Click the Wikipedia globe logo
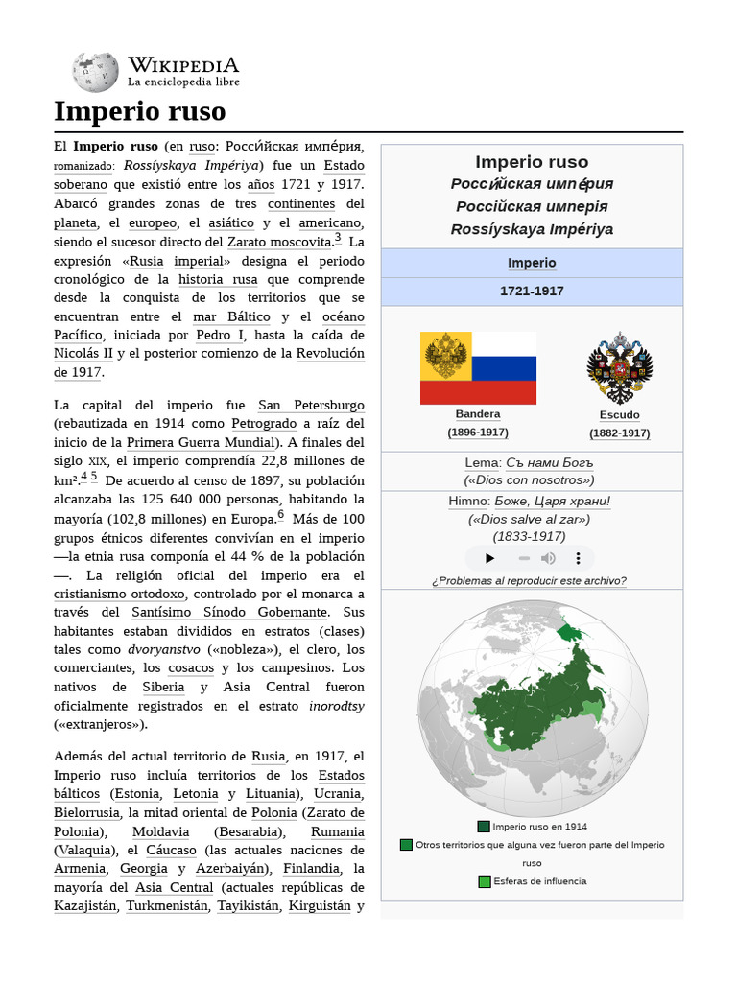click(95, 72)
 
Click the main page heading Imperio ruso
click(139, 111)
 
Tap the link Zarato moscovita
click(279, 242)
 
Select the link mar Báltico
click(232, 316)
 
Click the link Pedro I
click(220, 335)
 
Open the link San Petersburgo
click(311, 405)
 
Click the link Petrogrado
click(264, 423)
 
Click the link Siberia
click(163, 687)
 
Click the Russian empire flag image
click(478, 367)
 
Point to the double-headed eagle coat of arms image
click(619, 367)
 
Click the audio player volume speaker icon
click(548, 558)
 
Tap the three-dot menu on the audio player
click(578, 558)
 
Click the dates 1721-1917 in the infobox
click(532, 291)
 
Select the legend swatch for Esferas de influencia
click(485, 881)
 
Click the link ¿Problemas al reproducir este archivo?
click(529, 580)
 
